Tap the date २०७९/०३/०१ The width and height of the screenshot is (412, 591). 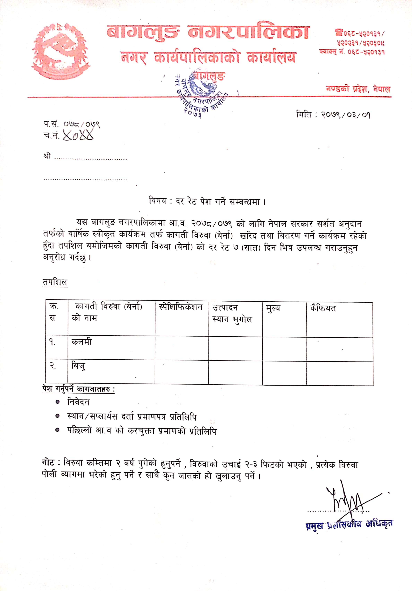pos(346,114)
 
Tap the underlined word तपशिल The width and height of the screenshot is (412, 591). pos(55,282)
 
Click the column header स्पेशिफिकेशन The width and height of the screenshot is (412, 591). pos(181,307)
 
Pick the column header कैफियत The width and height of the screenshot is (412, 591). pos(323,308)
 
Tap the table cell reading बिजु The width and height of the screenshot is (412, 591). pos(78,366)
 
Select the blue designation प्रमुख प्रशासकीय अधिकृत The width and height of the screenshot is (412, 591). pos(349,525)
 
